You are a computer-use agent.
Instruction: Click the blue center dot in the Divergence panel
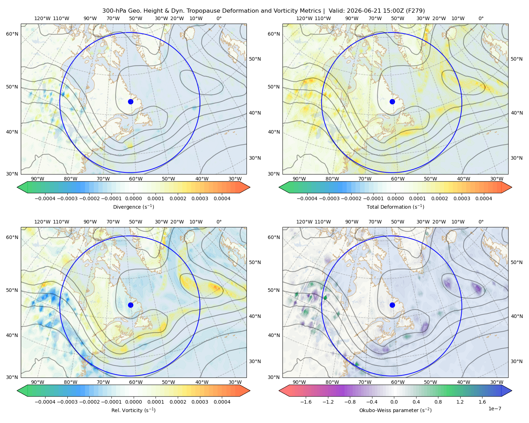click(x=130, y=102)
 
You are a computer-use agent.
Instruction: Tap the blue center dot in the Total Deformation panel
click(x=392, y=102)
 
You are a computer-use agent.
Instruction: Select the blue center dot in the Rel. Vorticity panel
click(x=130, y=305)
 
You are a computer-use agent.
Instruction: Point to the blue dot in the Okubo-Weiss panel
click(x=392, y=305)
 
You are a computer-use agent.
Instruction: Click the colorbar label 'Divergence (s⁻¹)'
click(x=133, y=207)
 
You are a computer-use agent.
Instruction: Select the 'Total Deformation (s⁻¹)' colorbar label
click(x=395, y=207)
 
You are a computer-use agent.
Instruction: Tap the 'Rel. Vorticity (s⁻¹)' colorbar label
click(x=133, y=410)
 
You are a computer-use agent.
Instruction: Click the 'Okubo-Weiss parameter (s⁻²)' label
click(x=395, y=410)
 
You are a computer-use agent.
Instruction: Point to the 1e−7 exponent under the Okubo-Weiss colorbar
click(x=494, y=409)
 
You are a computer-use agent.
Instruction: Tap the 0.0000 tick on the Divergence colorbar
click(x=133, y=198)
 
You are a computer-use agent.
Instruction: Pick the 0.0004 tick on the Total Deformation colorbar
click(x=484, y=198)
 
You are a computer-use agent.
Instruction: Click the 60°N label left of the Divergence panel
click(x=12, y=34)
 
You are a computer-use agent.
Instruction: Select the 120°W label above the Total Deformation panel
click(x=304, y=18)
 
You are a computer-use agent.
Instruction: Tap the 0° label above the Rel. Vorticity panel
click(x=219, y=222)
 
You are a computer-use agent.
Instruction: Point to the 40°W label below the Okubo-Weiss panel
click(x=464, y=382)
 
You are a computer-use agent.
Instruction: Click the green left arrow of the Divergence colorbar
click(x=22, y=187)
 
